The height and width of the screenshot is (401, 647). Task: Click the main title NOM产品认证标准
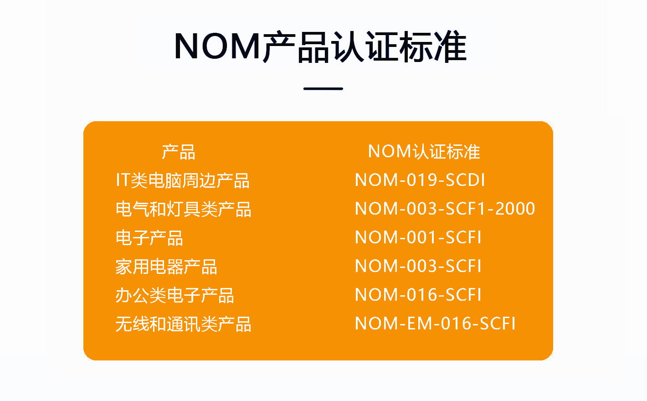pos(320,46)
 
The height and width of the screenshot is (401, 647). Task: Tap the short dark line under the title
pos(323,89)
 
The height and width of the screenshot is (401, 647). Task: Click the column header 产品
pos(179,152)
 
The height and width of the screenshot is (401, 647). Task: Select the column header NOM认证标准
pos(424,151)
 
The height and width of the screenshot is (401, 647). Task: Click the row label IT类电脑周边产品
pos(183,180)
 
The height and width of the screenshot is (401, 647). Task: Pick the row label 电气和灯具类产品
pos(184,209)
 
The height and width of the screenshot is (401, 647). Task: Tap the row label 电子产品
pos(149,238)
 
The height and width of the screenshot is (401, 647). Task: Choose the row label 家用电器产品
pos(166,267)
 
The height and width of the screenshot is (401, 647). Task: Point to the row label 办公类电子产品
pos(175,295)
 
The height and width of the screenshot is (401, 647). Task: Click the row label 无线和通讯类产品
pos(184,324)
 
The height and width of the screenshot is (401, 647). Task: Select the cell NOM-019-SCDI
pos(420,180)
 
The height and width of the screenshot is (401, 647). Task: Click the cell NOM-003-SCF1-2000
pos(445,209)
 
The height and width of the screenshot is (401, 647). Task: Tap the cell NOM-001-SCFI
pos(418,237)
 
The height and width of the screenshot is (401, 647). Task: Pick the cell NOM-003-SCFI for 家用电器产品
pos(418,266)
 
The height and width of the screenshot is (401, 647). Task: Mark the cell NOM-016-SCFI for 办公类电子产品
pos(418,295)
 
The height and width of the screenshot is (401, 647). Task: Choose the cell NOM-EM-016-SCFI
pos(435,323)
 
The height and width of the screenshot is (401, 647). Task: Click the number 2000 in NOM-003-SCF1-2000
pos(515,209)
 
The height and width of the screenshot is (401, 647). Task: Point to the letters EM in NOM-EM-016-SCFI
pos(420,323)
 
